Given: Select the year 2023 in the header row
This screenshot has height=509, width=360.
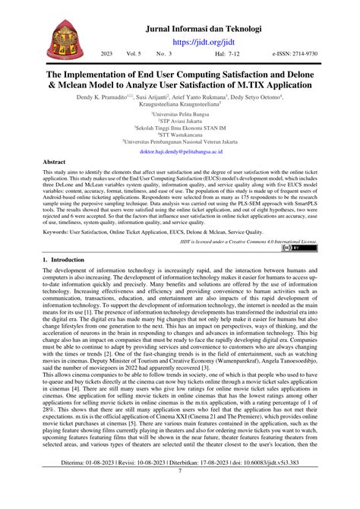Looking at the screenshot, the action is [107, 55].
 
